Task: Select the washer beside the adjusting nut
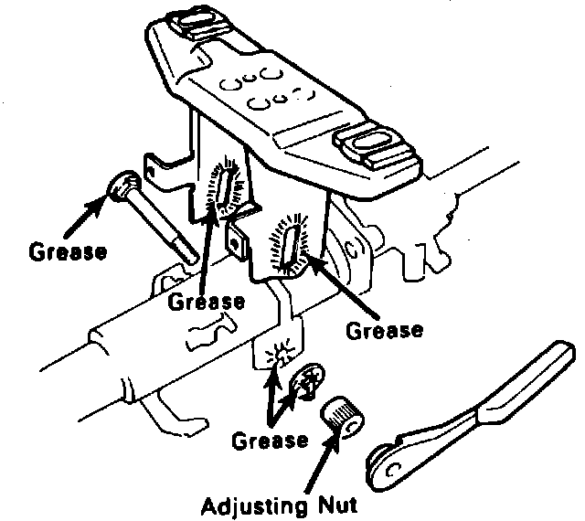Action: pyautogui.click(x=307, y=381)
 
